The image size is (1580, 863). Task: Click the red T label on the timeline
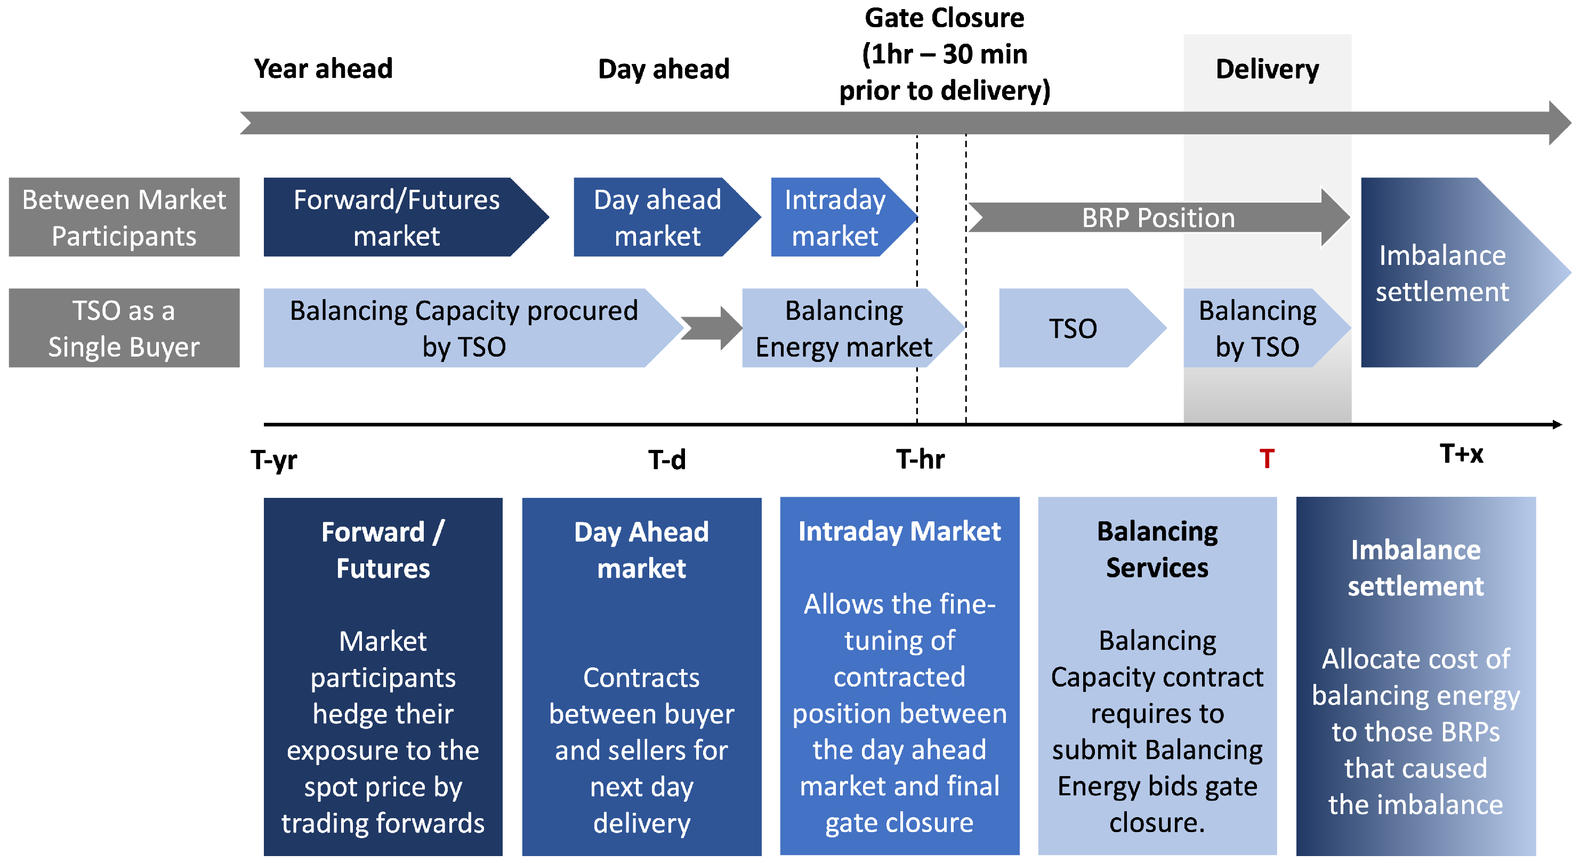pos(1267,459)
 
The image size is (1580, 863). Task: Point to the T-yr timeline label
pos(273,460)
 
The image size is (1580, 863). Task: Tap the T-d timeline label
pos(667,460)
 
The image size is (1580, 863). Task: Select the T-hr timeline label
pos(920,459)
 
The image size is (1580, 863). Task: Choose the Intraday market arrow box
pos(835,217)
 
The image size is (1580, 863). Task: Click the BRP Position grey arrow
pos(1157,217)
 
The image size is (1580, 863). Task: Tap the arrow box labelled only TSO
pos(1074,328)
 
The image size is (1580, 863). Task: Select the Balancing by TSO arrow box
pos(1257,328)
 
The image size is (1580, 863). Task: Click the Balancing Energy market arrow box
pos(844,328)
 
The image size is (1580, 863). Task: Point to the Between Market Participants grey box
pos(124,217)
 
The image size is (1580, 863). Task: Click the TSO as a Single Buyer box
pos(124,328)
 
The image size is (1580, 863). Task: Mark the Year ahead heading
pos(323,69)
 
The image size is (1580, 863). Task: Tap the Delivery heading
pos(1267,69)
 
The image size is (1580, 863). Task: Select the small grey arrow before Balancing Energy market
pos(711,328)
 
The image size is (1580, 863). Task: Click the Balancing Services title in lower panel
pos(1157,550)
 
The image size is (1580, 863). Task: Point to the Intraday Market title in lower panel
pos(899,531)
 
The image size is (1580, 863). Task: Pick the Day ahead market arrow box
pos(658,217)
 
